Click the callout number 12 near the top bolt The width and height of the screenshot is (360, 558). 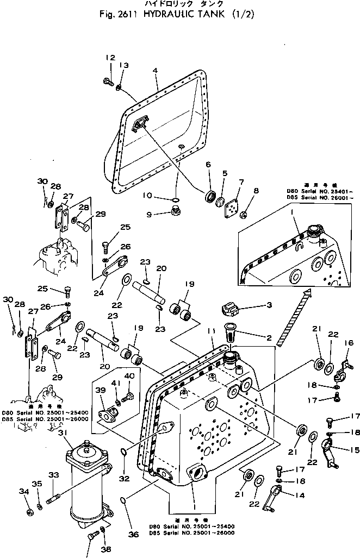tap(110, 58)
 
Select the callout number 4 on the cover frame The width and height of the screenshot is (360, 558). tap(156, 71)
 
